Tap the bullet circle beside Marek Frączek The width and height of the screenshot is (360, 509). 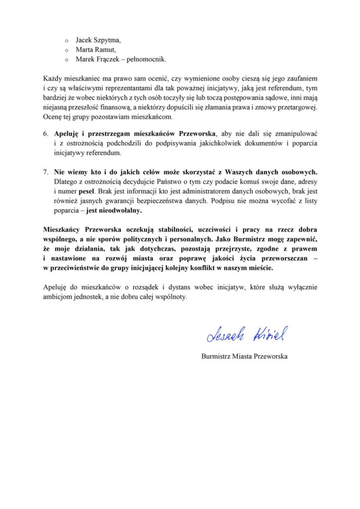coord(67,61)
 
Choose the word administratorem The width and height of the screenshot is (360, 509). coord(202,192)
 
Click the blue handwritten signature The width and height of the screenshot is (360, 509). coord(246,336)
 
